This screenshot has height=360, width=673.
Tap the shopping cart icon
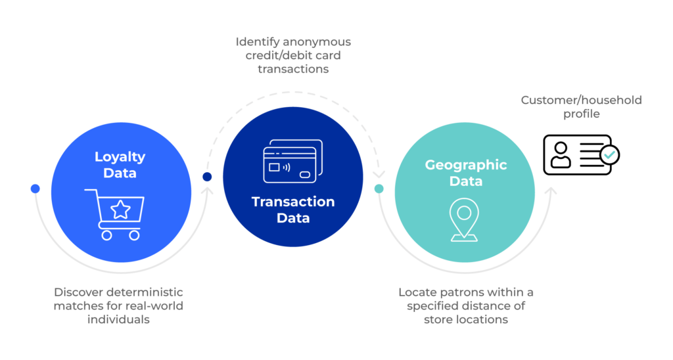point(117,213)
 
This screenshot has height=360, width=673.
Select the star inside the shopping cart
point(120,210)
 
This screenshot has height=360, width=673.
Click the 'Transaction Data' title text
point(293,210)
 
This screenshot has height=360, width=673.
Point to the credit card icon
point(292,161)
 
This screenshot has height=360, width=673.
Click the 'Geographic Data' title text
point(465,172)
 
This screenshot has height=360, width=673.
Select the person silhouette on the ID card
point(561,156)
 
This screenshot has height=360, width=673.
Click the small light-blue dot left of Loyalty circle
point(35,189)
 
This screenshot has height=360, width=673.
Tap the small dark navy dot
point(207,177)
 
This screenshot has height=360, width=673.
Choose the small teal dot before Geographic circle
point(379,189)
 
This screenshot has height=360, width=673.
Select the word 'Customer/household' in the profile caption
point(581,101)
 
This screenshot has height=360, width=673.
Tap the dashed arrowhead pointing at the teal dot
point(379,175)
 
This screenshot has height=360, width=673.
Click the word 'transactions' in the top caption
point(292,68)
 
